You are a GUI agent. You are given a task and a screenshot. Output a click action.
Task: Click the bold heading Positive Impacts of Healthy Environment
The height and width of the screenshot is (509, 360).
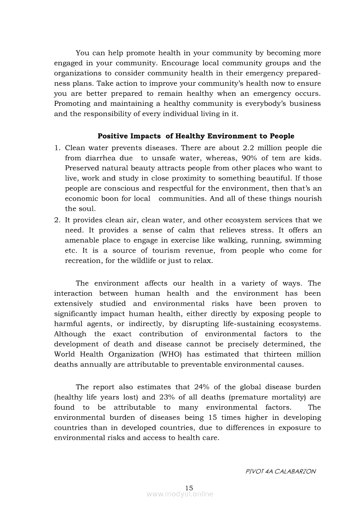pos(196,136)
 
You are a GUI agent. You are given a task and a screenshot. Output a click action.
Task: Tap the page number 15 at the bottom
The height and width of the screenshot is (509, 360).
pos(189,488)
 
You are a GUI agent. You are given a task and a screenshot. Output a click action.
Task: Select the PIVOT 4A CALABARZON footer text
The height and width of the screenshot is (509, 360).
pos(281,471)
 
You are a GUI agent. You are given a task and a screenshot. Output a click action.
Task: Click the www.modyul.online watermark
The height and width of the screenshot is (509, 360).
pos(180,494)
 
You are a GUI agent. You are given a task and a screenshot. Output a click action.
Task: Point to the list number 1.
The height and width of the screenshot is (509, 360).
pos(57,148)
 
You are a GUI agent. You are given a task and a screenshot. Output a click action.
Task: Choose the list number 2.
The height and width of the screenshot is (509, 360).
pos(57,220)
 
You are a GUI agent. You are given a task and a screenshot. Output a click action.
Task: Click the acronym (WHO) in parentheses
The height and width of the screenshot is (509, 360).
pos(168,354)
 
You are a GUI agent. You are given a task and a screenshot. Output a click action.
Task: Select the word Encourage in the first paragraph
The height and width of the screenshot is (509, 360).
pos(182,63)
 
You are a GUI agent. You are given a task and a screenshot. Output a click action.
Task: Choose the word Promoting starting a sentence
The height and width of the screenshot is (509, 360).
pos(71,104)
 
